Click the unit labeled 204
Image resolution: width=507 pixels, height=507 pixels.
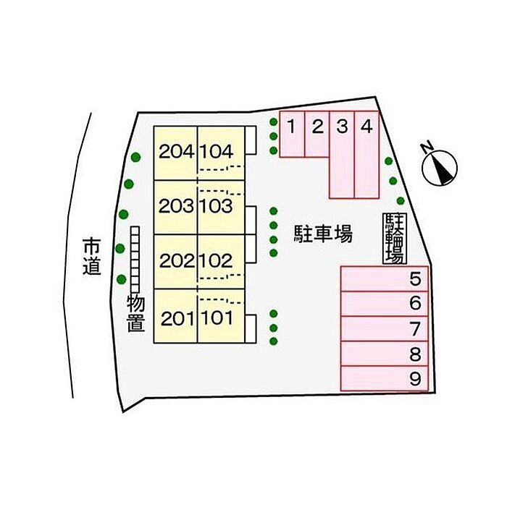pyautogui.click(x=175, y=153)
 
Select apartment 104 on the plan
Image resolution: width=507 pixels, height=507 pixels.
pyautogui.click(x=221, y=153)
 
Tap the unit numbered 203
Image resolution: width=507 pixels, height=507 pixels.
pyautogui.click(x=175, y=208)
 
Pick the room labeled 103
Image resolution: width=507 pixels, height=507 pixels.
pyautogui.click(x=221, y=208)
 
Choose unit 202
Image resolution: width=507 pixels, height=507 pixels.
pyautogui.click(x=175, y=262)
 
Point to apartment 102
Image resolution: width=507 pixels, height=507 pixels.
pyautogui.click(x=221, y=262)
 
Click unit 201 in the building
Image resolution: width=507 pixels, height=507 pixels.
pyautogui.click(x=175, y=316)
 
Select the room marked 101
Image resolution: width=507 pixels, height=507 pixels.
pyautogui.click(x=221, y=316)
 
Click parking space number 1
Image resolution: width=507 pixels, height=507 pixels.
pyautogui.click(x=292, y=135)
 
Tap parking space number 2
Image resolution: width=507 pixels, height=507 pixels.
pyautogui.click(x=317, y=135)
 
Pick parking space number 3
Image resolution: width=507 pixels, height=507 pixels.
pyautogui.click(x=342, y=155)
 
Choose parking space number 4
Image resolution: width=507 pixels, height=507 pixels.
pyautogui.click(x=366, y=155)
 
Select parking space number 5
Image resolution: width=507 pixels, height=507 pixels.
pyautogui.click(x=385, y=279)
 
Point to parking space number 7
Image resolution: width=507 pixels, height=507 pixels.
pyautogui.click(x=385, y=328)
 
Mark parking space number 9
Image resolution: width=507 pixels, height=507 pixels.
pyautogui.click(x=385, y=378)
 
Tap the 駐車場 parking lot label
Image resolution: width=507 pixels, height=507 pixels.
pyautogui.click(x=323, y=234)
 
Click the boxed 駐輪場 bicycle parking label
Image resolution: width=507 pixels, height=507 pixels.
pyautogui.click(x=394, y=239)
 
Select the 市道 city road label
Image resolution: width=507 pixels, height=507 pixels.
pyautogui.click(x=92, y=257)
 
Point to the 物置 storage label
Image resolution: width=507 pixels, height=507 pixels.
pyautogui.click(x=135, y=314)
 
